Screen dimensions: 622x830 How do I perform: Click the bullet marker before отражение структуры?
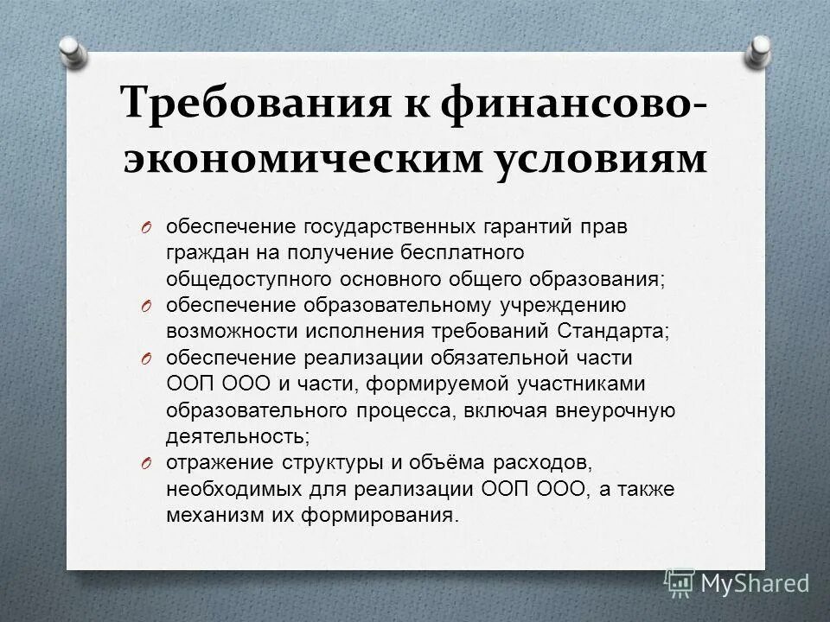pos(147,463)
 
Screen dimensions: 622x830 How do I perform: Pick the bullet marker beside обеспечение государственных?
pos(147,229)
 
